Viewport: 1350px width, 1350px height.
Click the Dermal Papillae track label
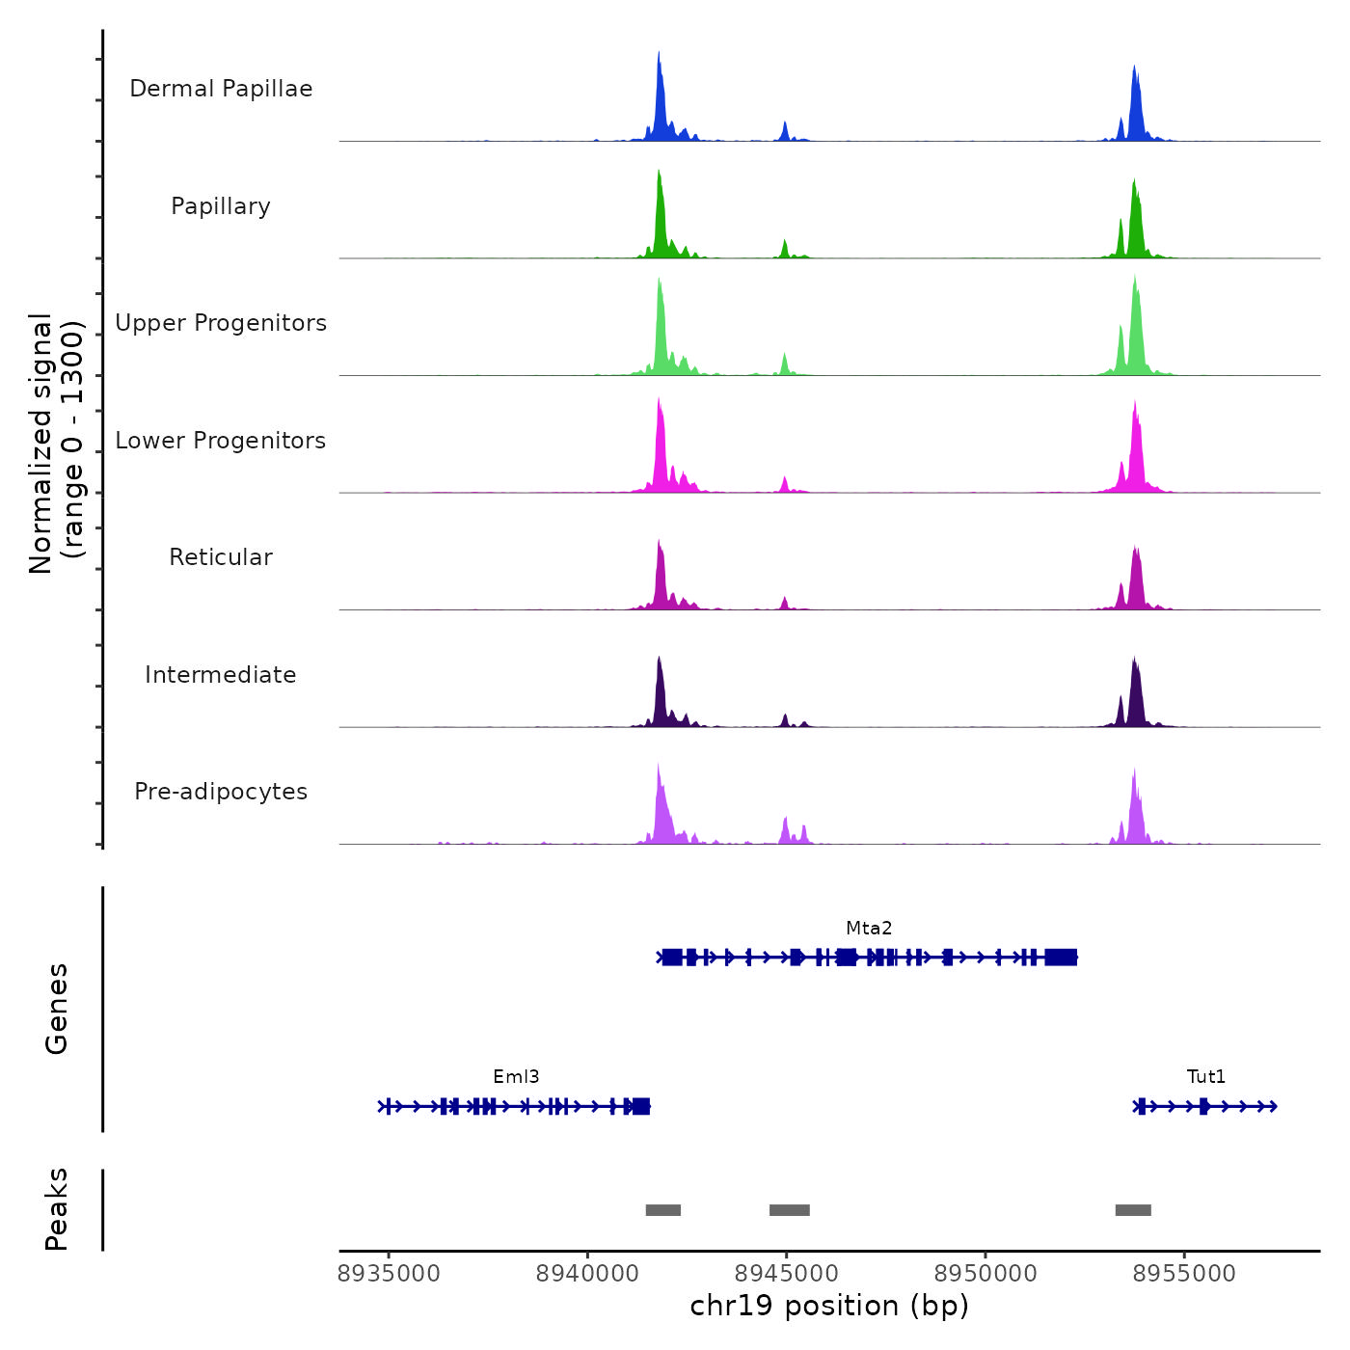tap(221, 89)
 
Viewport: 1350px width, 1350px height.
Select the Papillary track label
tap(221, 206)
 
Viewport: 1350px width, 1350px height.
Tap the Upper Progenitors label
tap(221, 323)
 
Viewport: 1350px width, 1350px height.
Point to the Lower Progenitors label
tap(221, 441)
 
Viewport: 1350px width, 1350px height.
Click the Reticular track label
tap(221, 557)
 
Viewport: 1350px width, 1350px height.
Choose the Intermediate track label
tap(221, 675)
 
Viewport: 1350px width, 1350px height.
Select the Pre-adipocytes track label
tap(221, 792)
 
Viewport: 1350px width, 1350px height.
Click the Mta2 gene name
tap(869, 929)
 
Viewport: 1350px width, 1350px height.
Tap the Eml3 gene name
tap(516, 1077)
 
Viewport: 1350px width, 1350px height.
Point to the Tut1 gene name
tap(1206, 1077)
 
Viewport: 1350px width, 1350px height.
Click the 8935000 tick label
tap(389, 1274)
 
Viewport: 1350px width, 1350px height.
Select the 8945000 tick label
tap(787, 1274)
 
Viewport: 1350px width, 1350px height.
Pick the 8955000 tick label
tap(1184, 1274)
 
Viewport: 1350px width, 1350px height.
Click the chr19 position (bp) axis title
tap(829, 1307)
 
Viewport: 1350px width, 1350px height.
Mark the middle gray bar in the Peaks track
tap(789, 1210)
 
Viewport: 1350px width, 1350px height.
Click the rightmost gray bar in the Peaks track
tap(1133, 1210)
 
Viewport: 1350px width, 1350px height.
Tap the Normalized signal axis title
tap(56, 443)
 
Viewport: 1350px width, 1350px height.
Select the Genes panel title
tap(57, 1009)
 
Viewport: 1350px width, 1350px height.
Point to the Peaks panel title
tap(57, 1209)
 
